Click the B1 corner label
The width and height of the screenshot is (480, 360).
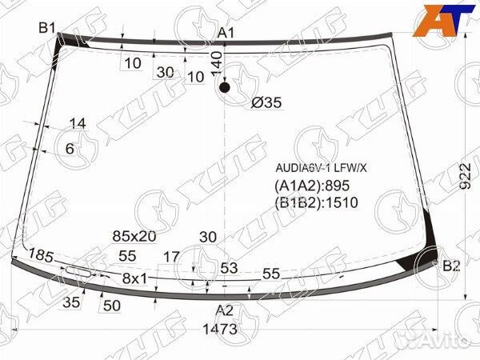click(47, 28)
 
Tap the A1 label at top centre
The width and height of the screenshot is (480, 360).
click(226, 33)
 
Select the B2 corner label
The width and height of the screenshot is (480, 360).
click(451, 266)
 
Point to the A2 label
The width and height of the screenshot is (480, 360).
click(224, 310)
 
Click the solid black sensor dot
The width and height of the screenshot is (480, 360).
click(224, 87)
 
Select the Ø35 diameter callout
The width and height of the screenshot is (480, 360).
click(266, 102)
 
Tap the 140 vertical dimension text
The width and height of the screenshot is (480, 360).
click(217, 65)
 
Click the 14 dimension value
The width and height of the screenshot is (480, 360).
click(78, 124)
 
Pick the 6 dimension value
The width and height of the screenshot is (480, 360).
click(70, 149)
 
